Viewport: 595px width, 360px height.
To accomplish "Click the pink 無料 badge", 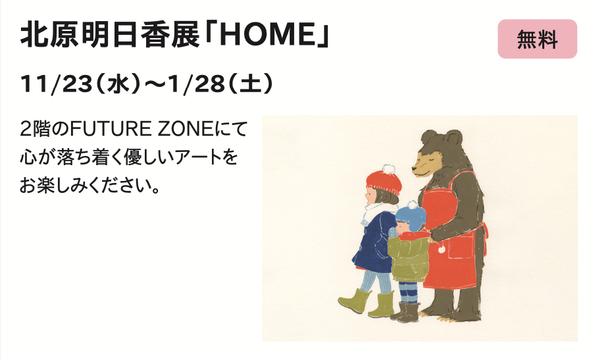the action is coord(537,39).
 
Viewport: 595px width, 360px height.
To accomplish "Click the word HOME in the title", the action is coord(265,34).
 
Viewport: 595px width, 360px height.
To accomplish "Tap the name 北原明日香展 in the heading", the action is coord(110,35).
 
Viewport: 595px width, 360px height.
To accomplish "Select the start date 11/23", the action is coord(56,84).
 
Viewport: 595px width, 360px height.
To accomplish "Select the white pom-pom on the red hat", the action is coord(388,169).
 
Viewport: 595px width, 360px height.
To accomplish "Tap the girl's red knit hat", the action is coord(384,182).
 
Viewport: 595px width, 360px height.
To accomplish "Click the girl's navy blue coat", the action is coord(374,242).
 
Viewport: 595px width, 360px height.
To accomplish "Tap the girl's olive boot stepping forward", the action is coord(354,301).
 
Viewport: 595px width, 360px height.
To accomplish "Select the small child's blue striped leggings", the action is coord(408,292).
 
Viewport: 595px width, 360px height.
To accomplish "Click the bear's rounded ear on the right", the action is coord(453,138).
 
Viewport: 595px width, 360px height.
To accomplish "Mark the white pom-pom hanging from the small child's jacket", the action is coord(442,249).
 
